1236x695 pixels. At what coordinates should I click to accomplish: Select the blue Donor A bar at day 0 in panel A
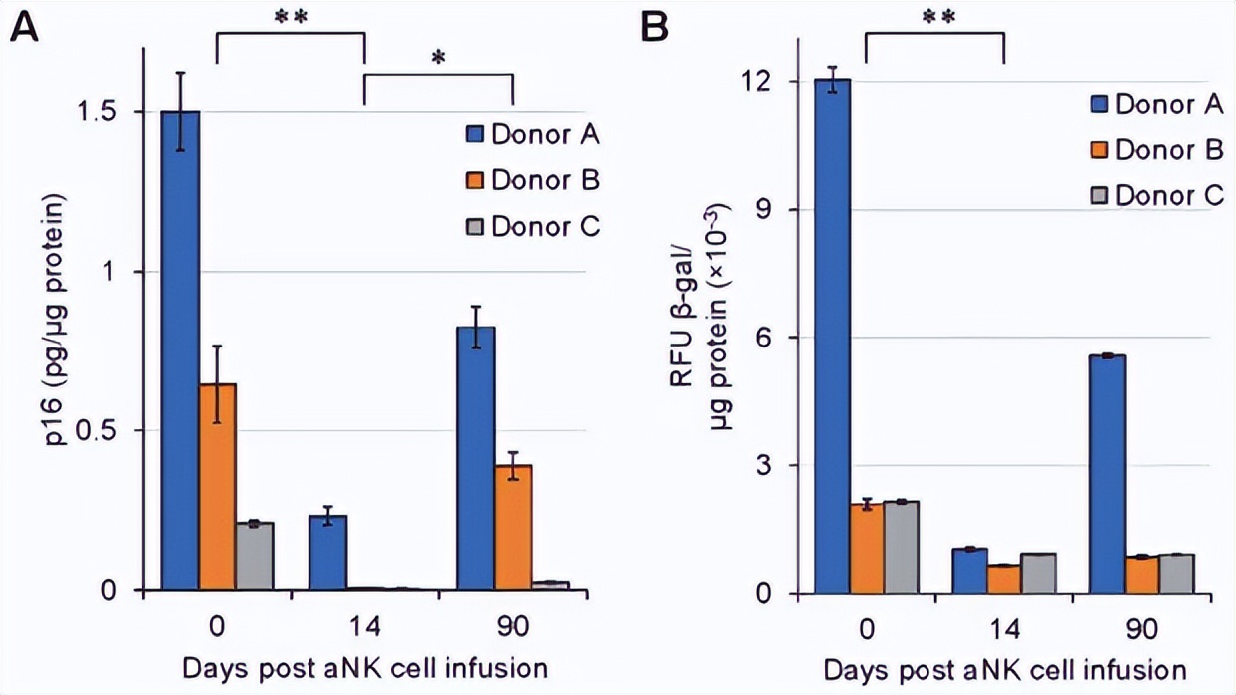coord(180,349)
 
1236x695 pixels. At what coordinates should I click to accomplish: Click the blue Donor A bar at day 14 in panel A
coord(327,553)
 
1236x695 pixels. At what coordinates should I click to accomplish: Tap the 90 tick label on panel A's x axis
coord(512,627)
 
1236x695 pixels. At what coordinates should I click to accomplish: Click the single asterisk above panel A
coord(438,57)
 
